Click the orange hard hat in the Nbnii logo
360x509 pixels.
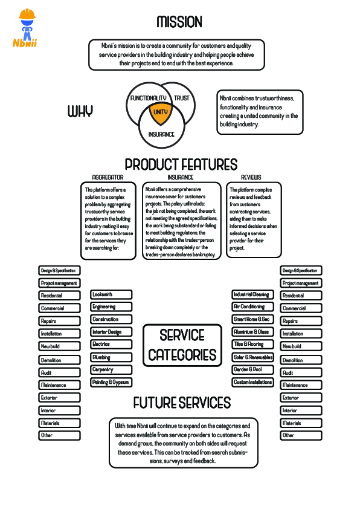27,14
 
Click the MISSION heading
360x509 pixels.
179,22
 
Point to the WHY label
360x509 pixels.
80,111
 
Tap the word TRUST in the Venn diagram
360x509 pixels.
182,98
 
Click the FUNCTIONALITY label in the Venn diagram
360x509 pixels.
148,98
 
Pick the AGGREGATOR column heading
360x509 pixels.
108,177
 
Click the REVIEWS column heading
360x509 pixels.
251,177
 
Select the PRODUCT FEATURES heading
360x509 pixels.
181,164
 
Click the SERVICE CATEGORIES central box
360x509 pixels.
182,345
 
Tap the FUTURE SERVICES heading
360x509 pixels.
182,403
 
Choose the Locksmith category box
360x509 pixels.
111,294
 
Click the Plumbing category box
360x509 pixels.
111,357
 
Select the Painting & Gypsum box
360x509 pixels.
111,383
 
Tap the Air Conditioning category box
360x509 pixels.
253,306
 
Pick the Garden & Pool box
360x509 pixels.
253,369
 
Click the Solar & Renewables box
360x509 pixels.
253,357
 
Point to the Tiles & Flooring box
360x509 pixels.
253,344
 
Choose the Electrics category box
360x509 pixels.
111,344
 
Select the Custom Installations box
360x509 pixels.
253,383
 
